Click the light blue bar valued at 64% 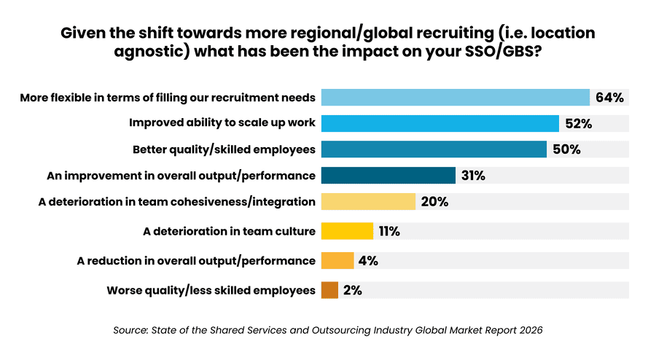[455, 98]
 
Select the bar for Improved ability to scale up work [440, 123]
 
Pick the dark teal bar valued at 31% [388, 176]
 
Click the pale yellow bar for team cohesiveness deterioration [368, 202]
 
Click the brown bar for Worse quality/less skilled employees [329, 290]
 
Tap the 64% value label [609, 98]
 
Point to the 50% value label [566, 149]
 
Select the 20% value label [434, 202]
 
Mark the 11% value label [389, 232]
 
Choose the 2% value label [352, 290]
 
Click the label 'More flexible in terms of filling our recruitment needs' [168, 98]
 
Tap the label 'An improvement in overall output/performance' [181, 176]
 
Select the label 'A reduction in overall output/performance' [196, 260]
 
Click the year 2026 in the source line [528, 330]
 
